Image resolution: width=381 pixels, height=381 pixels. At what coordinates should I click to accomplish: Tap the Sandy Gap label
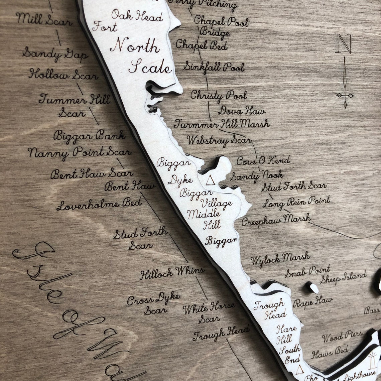tap(55, 54)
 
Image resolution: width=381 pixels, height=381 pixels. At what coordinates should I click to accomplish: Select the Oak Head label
tap(137, 15)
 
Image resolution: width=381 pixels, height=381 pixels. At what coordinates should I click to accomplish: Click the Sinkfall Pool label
tap(214, 67)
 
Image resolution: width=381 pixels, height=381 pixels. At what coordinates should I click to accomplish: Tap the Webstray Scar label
tap(219, 140)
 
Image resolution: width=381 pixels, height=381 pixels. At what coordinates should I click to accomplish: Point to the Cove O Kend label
tap(263, 161)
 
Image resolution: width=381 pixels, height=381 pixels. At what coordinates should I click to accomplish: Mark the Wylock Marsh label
tap(280, 259)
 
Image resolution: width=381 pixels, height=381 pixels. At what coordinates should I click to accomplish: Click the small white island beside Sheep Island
tap(313, 287)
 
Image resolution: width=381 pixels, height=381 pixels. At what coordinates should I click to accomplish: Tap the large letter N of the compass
tap(344, 43)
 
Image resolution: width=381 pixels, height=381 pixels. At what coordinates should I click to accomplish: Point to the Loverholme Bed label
tap(99, 204)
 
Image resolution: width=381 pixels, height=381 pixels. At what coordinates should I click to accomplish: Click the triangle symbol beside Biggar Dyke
tap(210, 180)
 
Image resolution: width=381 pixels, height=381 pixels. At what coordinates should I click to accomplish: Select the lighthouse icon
tap(372, 361)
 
